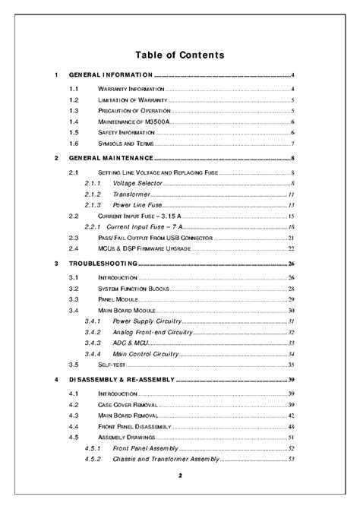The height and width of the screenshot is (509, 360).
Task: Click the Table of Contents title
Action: coord(179,55)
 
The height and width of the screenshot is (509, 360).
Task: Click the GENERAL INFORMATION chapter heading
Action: coord(111,76)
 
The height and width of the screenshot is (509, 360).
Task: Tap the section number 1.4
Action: coord(74,122)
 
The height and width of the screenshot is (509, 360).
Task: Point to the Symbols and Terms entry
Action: coord(125,144)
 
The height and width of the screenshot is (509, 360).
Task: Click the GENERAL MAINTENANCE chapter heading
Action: coord(111,158)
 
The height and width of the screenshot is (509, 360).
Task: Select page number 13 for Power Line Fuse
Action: coord(291,205)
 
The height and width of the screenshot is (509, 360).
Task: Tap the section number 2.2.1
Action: coord(92,227)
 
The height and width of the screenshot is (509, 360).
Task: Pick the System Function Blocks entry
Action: coord(133,289)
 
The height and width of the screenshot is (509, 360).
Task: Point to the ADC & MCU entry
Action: coord(131,343)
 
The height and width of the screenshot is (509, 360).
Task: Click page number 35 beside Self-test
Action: coord(291,365)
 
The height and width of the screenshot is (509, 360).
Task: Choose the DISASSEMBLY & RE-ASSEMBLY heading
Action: coord(122,379)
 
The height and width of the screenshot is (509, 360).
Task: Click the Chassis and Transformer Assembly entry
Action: coord(165,460)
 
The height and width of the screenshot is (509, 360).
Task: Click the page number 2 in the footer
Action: coord(180,476)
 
